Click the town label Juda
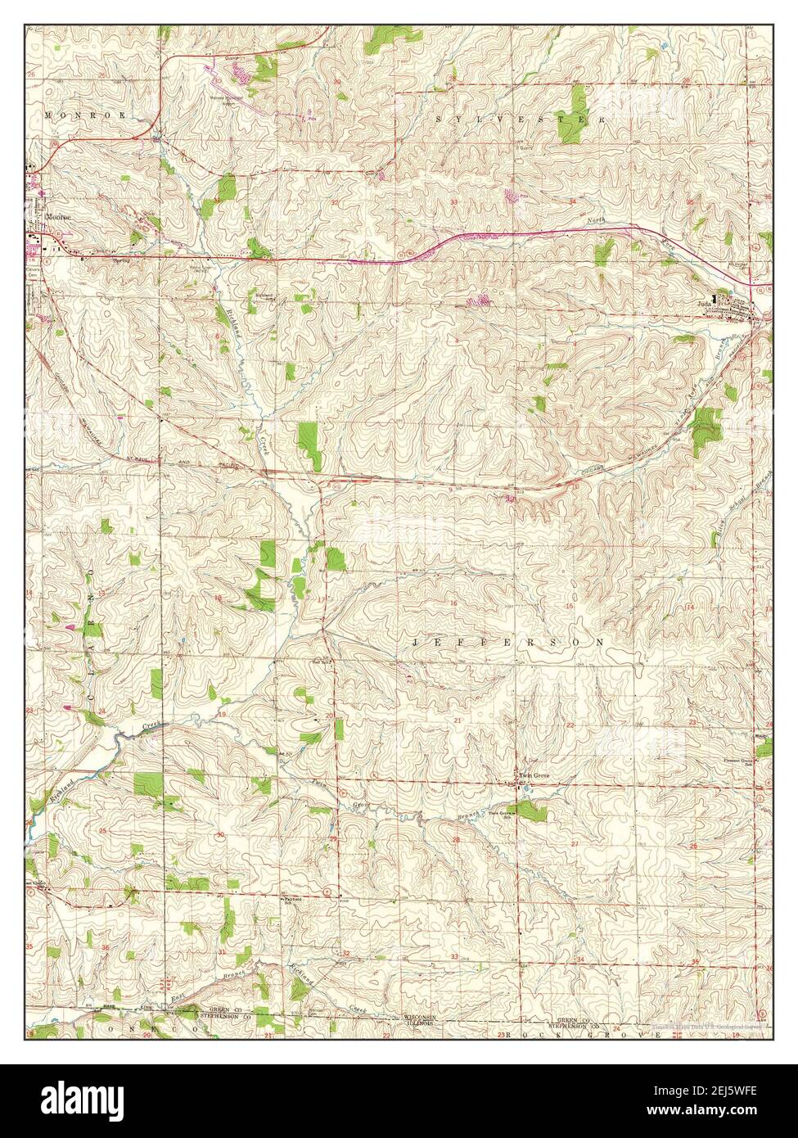pos(701,301)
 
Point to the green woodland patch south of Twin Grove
pos(532,811)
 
